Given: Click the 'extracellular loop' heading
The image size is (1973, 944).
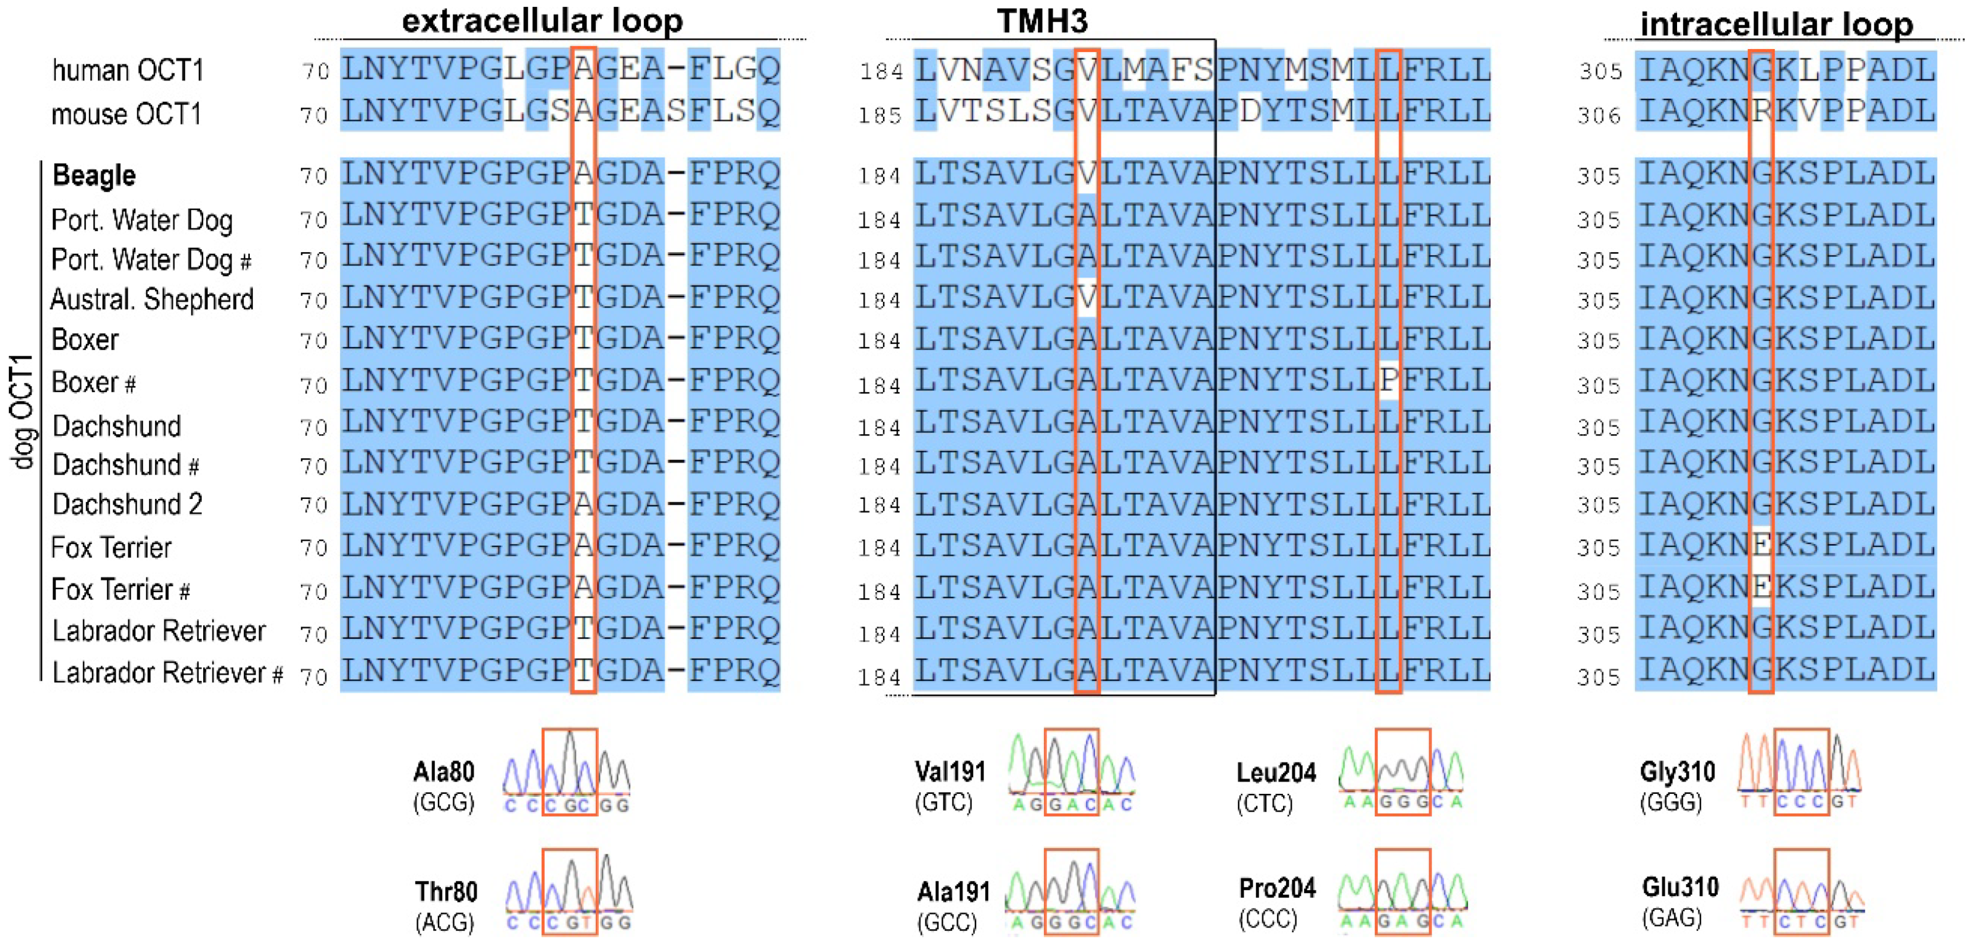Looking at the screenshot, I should (542, 21).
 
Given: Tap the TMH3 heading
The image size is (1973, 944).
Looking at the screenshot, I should (1042, 21).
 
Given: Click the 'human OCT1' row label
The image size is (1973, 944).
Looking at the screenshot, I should (128, 70).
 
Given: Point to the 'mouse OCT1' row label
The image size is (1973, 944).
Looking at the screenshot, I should (126, 114).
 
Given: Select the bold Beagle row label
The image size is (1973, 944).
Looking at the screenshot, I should (94, 175).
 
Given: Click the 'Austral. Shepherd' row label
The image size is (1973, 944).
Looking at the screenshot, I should (152, 299).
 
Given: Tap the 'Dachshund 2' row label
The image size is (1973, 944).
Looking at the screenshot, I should (127, 504).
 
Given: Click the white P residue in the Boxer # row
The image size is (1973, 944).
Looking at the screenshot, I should (1389, 381).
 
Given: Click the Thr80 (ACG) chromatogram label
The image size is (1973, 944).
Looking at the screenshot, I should (446, 906).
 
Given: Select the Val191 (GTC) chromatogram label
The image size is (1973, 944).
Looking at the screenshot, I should (950, 786).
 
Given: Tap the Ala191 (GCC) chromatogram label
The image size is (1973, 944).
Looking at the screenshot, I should (953, 906).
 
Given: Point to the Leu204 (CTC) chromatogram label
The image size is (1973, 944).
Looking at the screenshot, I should (1275, 787).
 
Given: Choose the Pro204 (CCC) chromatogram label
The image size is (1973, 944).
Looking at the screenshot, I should (1277, 903).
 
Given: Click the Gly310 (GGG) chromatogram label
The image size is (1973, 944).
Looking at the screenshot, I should (1678, 785).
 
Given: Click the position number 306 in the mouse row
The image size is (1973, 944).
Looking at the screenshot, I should (1599, 115).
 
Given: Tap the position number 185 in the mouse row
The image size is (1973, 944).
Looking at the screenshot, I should (880, 115).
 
